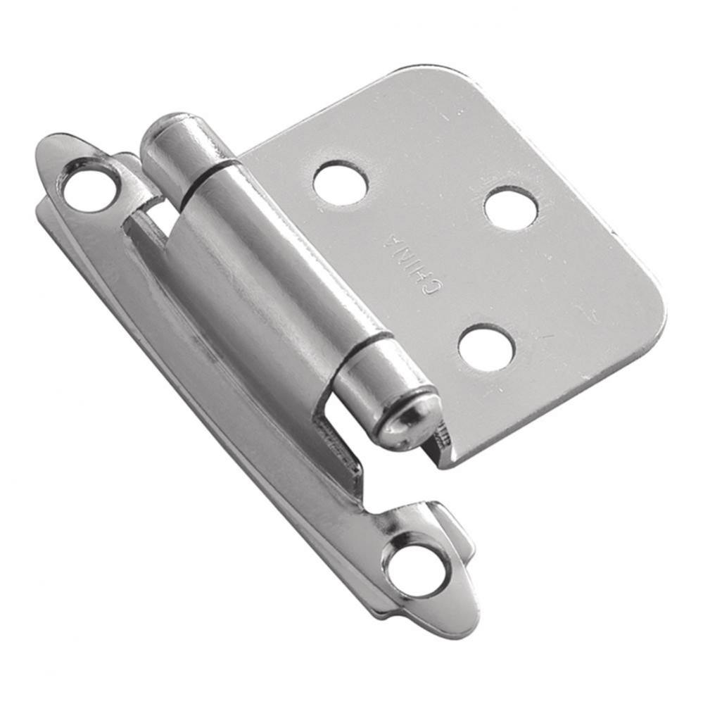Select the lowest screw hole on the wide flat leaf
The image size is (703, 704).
click(x=486, y=347)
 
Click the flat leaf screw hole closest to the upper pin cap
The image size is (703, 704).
click(x=341, y=182)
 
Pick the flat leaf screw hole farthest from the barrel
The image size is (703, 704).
click(x=511, y=208)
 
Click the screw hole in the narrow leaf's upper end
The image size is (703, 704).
click(x=89, y=173)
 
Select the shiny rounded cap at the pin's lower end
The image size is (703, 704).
click(x=412, y=422)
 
